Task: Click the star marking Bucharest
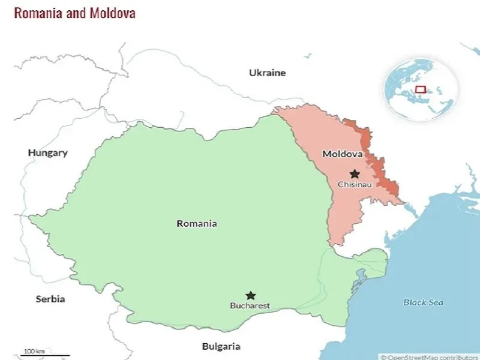click(251, 295)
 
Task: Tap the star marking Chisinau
click(355, 173)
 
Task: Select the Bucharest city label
click(250, 306)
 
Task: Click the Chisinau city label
click(355, 184)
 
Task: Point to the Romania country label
click(197, 223)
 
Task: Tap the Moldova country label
click(343, 154)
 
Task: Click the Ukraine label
click(268, 73)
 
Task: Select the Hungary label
click(48, 152)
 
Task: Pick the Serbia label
click(50, 298)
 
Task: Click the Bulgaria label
click(221, 346)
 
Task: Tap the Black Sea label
click(423, 302)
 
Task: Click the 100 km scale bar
click(46, 354)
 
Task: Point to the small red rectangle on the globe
click(421, 89)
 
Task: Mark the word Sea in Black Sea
click(436, 302)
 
